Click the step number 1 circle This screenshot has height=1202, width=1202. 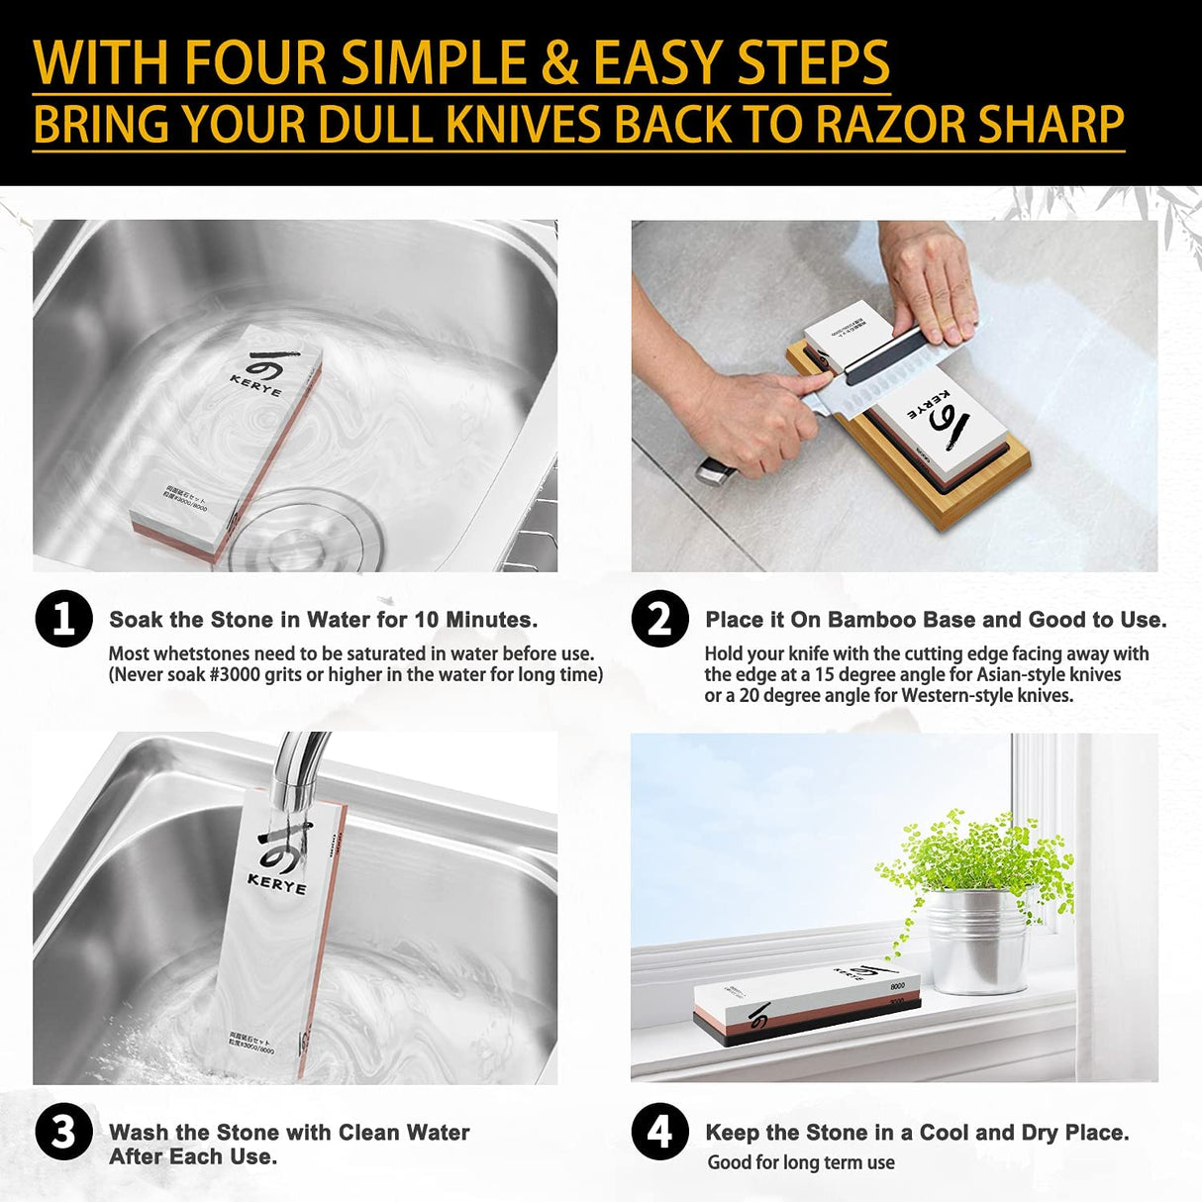[x=63, y=620]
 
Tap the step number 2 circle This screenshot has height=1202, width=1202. [x=659, y=620]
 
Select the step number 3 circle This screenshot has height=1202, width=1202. [x=63, y=1132]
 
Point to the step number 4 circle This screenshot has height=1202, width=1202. [x=659, y=1132]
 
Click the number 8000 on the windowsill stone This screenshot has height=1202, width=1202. [x=897, y=986]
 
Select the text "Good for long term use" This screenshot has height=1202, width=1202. [x=800, y=1162]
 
